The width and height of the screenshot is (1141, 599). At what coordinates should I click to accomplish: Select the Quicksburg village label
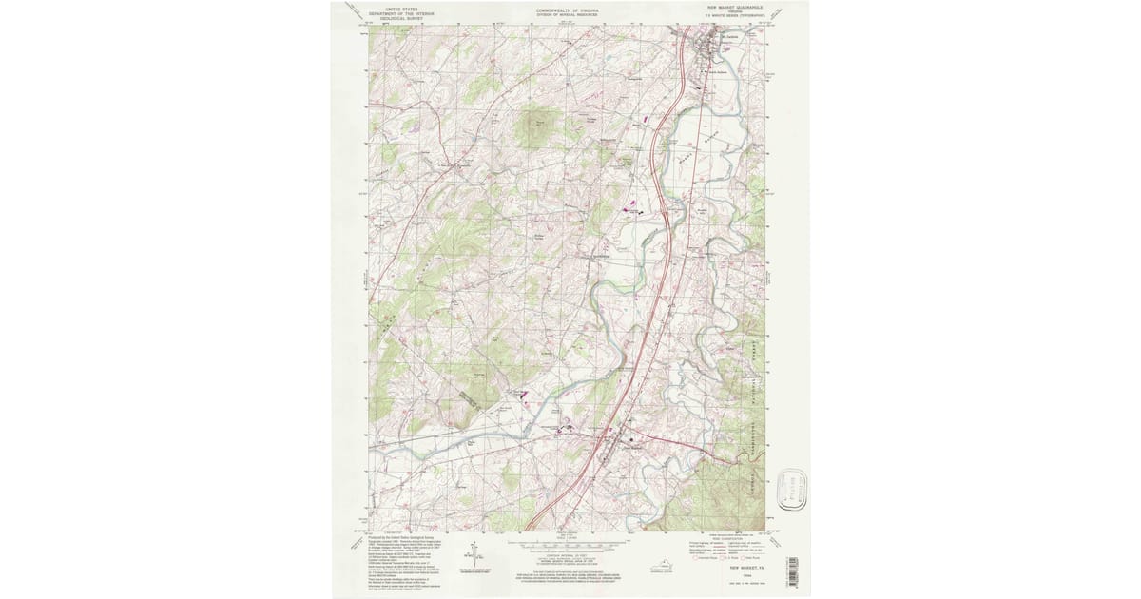tap(600, 257)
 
